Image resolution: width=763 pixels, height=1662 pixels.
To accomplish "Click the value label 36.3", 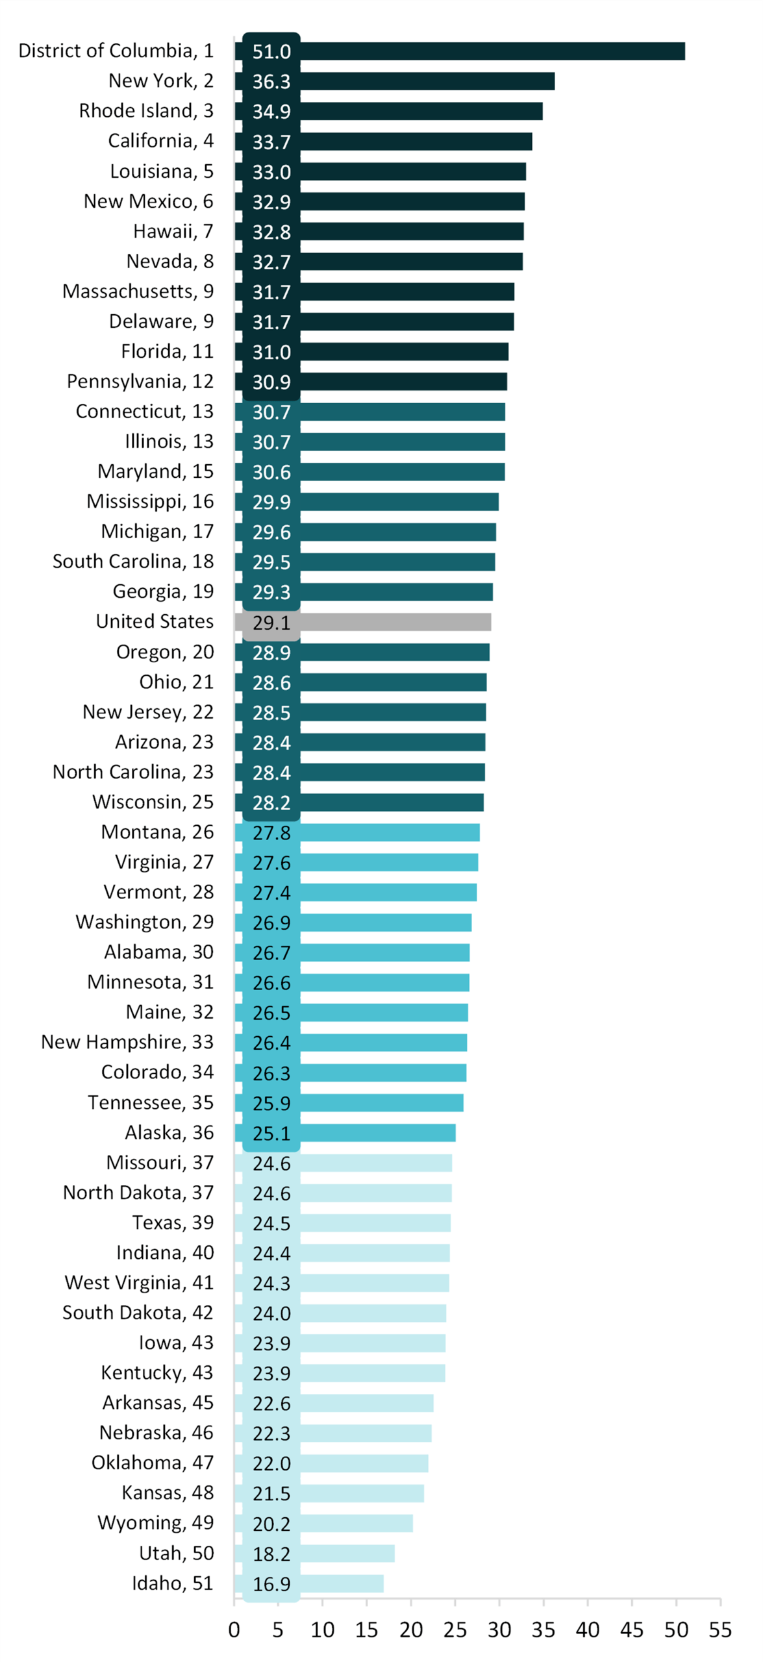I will [271, 82].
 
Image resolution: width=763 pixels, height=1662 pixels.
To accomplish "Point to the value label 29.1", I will [271, 623].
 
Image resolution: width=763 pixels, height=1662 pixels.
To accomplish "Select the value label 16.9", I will [271, 1584].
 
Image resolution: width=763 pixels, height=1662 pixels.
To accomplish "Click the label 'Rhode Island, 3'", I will [146, 111].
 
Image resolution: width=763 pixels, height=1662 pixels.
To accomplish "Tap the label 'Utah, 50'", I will [176, 1553].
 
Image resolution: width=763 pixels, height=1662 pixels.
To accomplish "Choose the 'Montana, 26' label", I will [157, 832].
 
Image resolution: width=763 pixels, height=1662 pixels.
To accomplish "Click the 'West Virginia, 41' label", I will [139, 1282].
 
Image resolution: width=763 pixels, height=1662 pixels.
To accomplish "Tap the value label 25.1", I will [271, 1134].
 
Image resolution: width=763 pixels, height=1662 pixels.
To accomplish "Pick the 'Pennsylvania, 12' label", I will [140, 381].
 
